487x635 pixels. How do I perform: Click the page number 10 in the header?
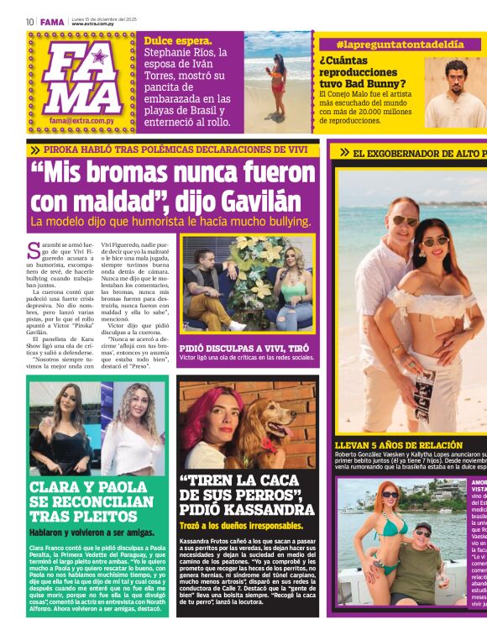pos(30,22)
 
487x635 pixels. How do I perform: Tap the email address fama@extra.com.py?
pos(82,120)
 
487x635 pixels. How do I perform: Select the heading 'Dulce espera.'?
pos(178,40)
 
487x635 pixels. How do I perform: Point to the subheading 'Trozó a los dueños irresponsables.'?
pos(243,525)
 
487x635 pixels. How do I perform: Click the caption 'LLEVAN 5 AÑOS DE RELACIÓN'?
pos(398,445)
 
